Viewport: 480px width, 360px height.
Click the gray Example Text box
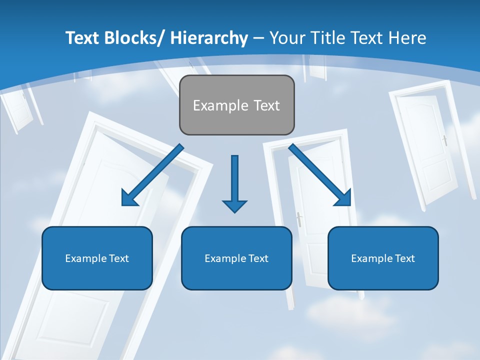click(x=236, y=105)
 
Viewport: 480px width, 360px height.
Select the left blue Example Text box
click(x=97, y=258)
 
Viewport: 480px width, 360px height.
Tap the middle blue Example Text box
click(x=236, y=258)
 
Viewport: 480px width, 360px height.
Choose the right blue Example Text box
click(x=383, y=258)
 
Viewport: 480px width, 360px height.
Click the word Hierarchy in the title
click(x=209, y=38)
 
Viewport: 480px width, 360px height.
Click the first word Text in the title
click(x=83, y=38)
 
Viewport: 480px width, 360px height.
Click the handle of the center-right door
click(x=299, y=219)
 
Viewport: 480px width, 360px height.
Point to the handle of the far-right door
click(x=444, y=140)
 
